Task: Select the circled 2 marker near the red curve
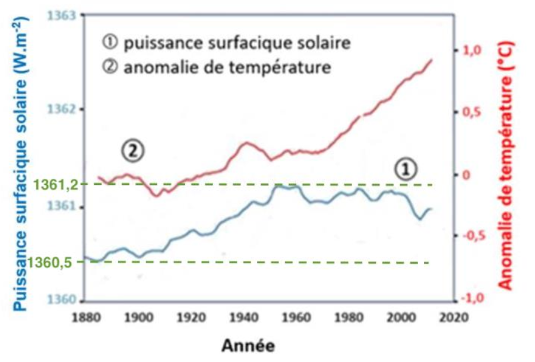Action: [134, 150]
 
